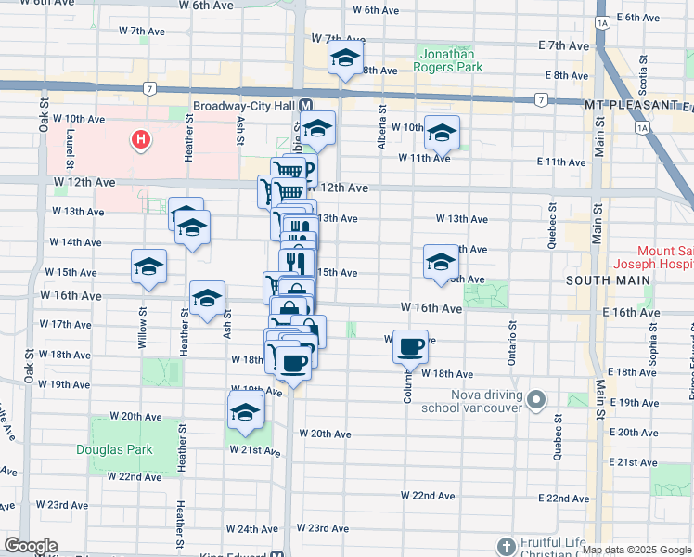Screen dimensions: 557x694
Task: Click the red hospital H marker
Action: click(140, 141)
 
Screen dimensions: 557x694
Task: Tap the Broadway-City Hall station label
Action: click(244, 106)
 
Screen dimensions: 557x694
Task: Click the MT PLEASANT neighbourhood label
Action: click(637, 105)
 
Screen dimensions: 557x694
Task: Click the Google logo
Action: click(30, 546)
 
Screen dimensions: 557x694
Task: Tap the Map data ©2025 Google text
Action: click(636, 550)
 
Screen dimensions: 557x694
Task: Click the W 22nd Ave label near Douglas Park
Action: click(135, 476)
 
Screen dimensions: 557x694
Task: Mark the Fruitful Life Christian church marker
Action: click(506, 545)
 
